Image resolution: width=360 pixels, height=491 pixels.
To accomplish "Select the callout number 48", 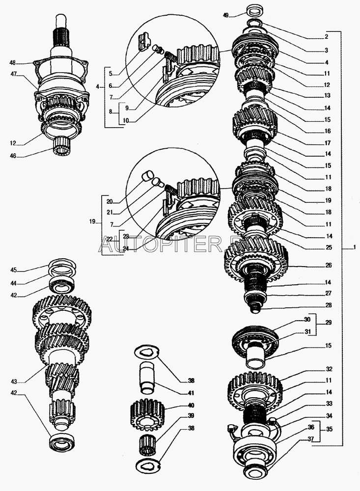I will click(12, 63).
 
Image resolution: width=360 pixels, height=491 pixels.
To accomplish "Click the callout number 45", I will click(14, 269).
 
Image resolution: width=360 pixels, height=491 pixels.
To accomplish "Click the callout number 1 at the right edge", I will click(355, 247).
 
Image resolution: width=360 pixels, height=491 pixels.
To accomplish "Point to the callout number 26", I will click(328, 265).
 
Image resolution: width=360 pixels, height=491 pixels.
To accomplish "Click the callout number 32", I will click(328, 369).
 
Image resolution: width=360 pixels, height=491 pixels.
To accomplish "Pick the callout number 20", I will click(109, 201).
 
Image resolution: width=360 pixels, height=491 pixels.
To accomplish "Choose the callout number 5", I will click(111, 74).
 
